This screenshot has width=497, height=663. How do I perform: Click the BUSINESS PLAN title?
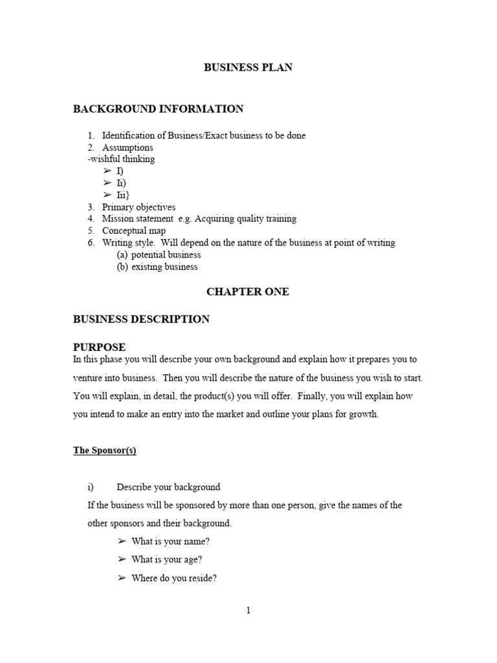(x=248, y=67)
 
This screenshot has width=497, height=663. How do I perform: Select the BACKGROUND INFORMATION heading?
(x=158, y=109)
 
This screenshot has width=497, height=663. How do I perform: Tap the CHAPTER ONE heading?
(x=248, y=292)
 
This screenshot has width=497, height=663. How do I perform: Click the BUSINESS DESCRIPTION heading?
(x=141, y=319)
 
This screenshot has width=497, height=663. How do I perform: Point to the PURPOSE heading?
(x=99, y=347)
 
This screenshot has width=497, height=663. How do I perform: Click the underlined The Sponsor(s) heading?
(x=104, y=451)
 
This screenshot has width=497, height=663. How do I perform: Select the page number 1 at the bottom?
(x=248, y=611)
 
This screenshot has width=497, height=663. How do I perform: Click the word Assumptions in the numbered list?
(x=127, y=148)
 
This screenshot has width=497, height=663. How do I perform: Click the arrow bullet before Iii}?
(x=107, y=195)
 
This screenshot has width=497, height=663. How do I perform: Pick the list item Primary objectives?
(x=138, y=207)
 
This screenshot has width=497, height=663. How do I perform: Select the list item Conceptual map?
(x=134, y=231)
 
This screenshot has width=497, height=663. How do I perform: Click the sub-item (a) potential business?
(x=159, y=255)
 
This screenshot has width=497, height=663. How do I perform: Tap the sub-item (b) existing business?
(x=157, y=267)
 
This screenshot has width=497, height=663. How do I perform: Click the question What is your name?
(x=171, y=542)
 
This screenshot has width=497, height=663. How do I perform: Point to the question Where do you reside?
(x=173, y=579)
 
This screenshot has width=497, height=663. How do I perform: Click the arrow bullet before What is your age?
(x=121, y=560)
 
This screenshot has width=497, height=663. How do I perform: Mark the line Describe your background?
(x=168, y=487)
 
